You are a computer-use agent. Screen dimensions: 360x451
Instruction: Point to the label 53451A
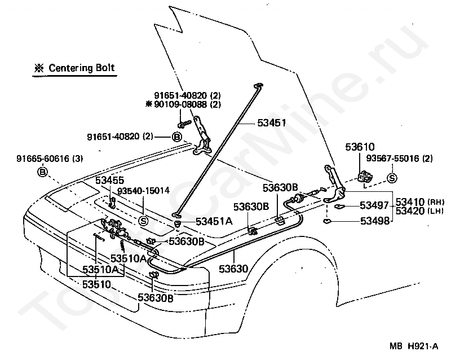point(214,221)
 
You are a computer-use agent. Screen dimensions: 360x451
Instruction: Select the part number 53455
point(109,181)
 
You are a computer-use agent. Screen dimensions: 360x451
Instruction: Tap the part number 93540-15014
point(143,191)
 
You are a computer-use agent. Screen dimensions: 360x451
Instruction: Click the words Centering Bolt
point(81,68)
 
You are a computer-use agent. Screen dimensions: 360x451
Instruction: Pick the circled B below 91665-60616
point(43,172)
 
